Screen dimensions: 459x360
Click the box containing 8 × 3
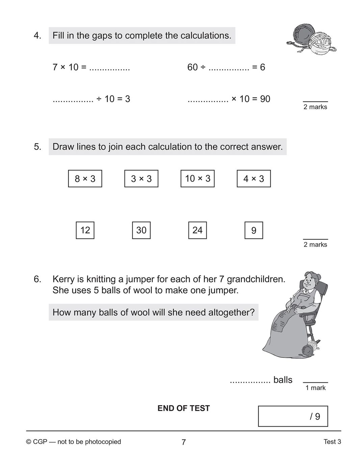(85, 179)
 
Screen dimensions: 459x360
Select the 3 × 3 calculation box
(141, 179)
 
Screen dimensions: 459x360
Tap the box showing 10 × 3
(198, 179)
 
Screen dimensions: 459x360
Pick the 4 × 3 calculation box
(254, 179)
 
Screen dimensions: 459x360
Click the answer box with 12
(85, 230)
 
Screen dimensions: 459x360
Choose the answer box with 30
(141, 230)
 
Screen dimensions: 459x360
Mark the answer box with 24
(198, 230)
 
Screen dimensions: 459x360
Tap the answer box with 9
(254, 230)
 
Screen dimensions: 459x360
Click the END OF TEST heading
(183, 408)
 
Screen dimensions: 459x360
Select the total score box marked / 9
(293, 416)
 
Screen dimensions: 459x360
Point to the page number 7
(183, 442)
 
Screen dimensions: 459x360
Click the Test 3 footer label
(332, 442)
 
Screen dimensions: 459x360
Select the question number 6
(37, 279)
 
